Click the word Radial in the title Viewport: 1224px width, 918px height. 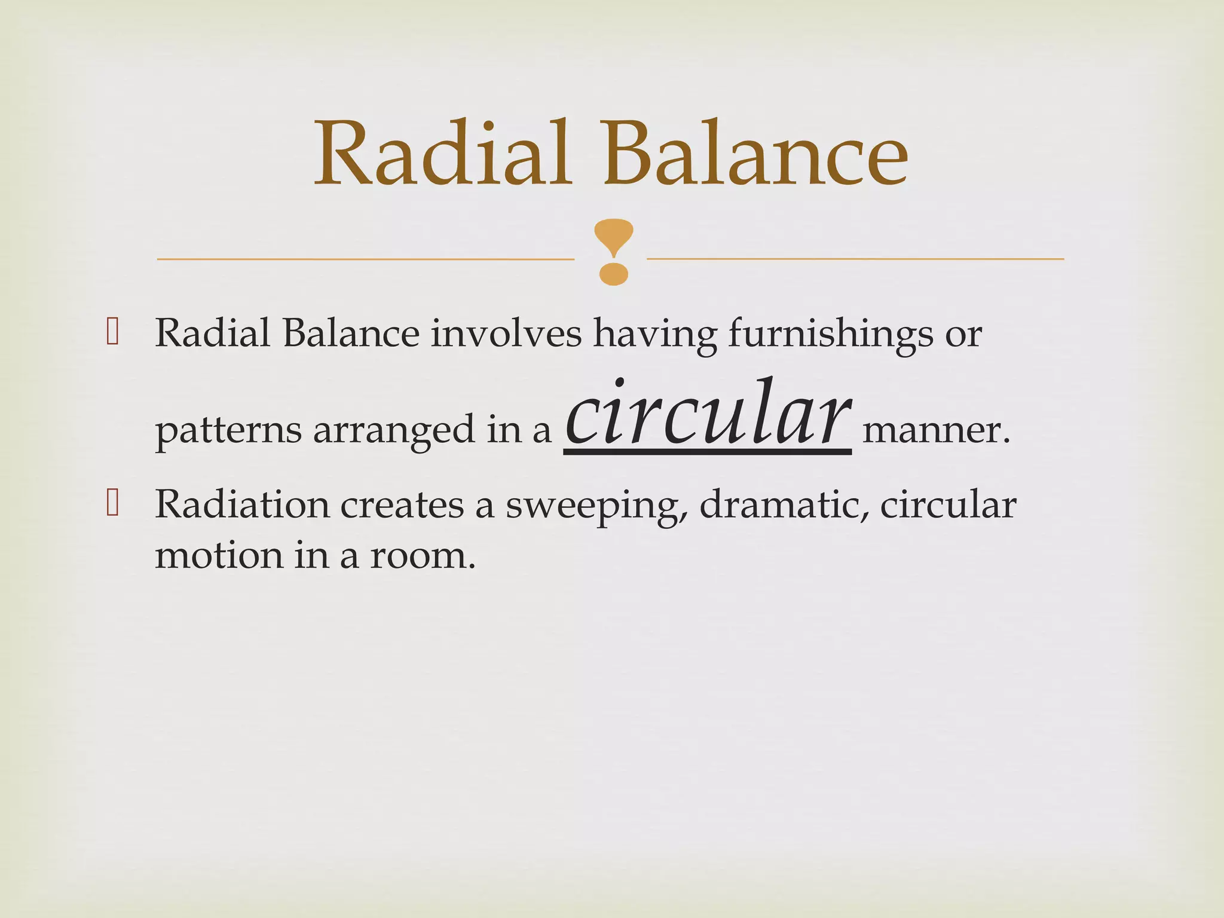[x=442, y=154]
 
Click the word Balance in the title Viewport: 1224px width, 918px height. [x=755, y=154]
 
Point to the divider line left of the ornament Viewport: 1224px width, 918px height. [x=365, y=259]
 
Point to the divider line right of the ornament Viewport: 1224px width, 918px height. [x=855, y=259]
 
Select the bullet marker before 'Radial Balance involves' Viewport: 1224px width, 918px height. [x=112, y=332]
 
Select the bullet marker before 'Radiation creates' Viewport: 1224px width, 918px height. [x=112, y=503]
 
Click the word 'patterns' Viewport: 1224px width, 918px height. [x=228, y=430]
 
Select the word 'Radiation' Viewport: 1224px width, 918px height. [x=242, y=504]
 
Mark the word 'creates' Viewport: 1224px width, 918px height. [x=402, y=504]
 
